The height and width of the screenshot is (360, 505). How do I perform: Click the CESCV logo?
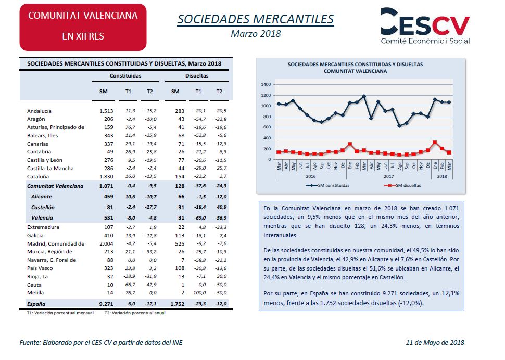(425, 25)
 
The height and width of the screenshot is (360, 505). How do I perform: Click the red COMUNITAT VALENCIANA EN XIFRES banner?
(83, 27)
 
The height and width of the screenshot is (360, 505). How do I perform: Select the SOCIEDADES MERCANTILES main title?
(256, 19)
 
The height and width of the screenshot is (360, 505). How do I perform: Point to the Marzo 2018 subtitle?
(256, 34)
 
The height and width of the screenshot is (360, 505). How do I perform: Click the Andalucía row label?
(39, 111)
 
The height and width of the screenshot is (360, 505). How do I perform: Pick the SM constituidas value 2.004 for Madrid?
(106, 243)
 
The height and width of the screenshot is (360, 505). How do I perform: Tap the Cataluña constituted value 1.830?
(106, 177)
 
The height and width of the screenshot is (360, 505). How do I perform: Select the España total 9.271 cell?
(106, 304)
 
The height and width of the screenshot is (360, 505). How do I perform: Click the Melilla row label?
(35, 293)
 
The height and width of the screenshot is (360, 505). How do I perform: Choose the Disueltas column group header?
(197, 76)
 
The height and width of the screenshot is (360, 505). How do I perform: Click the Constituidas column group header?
(125, 76)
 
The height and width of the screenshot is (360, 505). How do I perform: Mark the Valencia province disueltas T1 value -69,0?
(200, 218)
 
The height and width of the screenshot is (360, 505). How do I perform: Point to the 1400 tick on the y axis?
(266, 85)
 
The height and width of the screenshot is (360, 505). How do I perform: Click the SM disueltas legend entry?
(402, 185)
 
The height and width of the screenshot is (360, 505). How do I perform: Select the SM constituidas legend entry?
(327, 185)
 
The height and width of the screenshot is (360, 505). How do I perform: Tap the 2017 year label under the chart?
(389, 176)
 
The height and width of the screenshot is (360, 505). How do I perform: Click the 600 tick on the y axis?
(267, 127)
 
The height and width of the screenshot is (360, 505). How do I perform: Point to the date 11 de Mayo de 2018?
(435, 343)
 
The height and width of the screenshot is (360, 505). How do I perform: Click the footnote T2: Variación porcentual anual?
(135, 313)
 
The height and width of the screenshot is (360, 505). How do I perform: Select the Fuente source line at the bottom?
(101, 343)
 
